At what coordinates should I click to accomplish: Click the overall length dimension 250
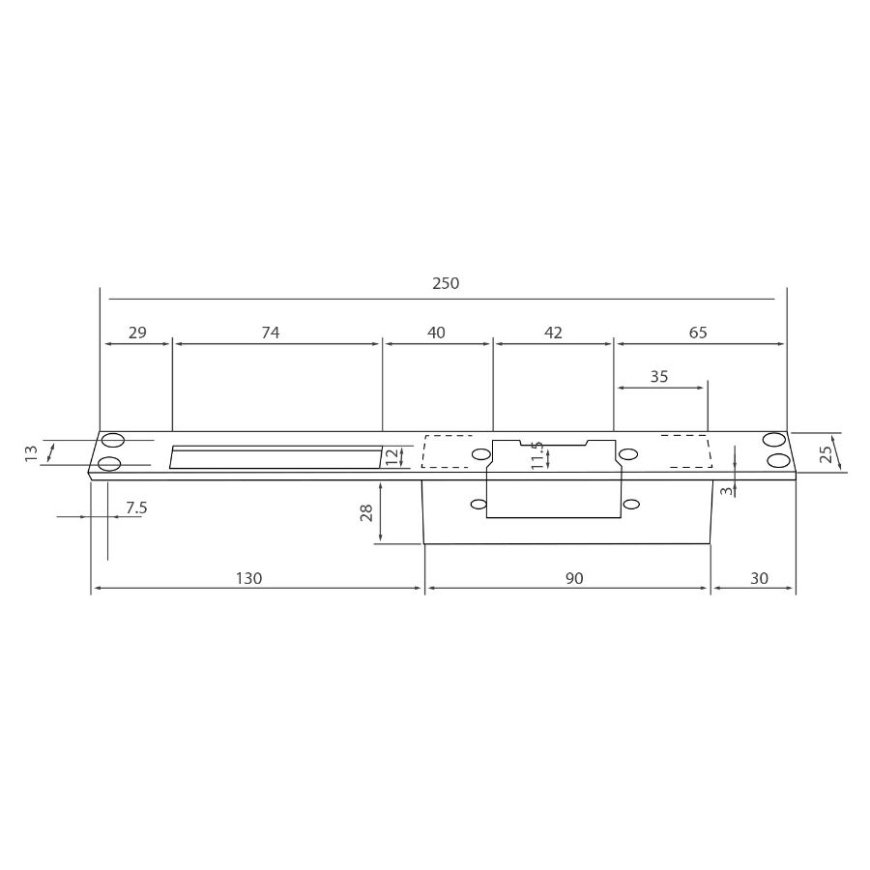pos(446,283)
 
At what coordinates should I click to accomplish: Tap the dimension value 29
pos(137,333)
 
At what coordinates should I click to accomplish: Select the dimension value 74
pos(271,333)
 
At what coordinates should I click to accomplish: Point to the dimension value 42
pos(553,333)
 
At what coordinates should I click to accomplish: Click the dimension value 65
pos(698,333)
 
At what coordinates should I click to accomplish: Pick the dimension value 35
pos(658,377)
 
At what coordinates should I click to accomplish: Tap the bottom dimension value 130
pos(248,579)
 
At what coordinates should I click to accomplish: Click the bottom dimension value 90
pos(574,579)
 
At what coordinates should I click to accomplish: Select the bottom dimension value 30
pos(759,579)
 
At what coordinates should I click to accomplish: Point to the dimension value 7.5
pos(136,507)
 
